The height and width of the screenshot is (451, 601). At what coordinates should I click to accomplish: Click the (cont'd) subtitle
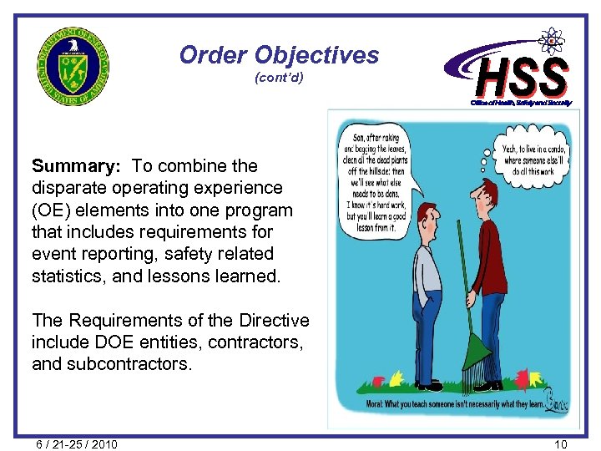[x=279, y=79]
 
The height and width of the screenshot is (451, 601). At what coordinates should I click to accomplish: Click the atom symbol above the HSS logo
[x=552, y=39]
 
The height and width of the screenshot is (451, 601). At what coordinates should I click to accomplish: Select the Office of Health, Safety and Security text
[x=522, y=102]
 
